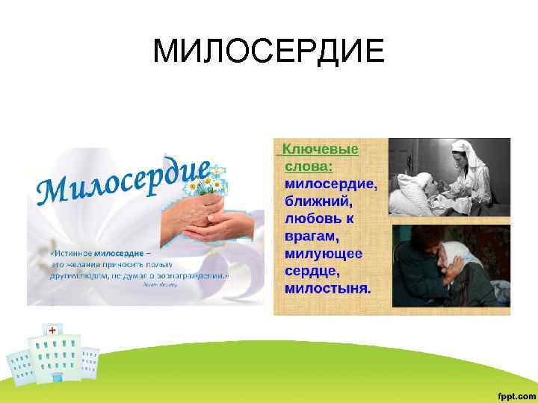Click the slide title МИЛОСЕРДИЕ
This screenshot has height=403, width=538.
pyautogui.click(x=269, y=51)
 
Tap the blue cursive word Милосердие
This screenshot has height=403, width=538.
pyautogui.click(x=123, y=180)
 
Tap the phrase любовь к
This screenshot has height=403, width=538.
pyautogui.click(x=319, y=219)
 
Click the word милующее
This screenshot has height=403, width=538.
pyautogui.click(x=324, y=254)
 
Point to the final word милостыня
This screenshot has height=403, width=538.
pyautogui.click(x=327, y=288)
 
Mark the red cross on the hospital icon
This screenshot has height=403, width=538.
pyautogui.click(x=52, y=330)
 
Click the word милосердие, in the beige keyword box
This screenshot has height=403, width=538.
pyautogui.click(x=331, y=184)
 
